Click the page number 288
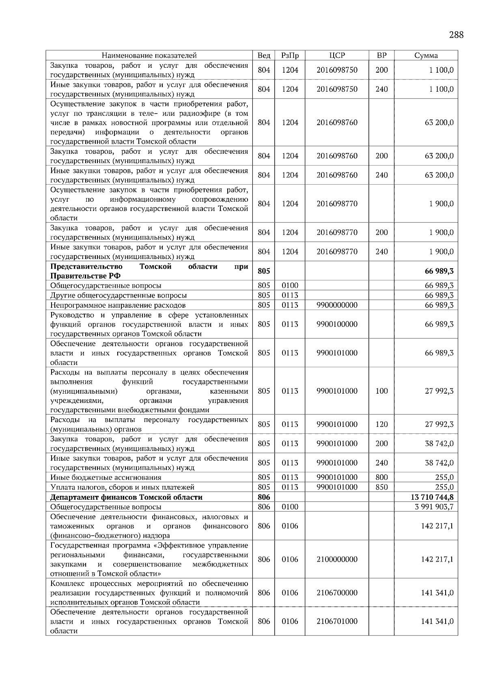point(456,34)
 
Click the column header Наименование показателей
point(149,56)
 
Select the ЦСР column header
point(337,56)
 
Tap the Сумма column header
point(426,56)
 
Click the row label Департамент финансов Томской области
point(126,497)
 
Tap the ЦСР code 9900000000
point(337,305)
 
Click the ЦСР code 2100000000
point(337,559)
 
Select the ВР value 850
point(381,487)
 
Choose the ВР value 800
point(381,477)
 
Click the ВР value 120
point(381,424)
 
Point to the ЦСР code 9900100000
point(337,324)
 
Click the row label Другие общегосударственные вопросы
point(119,295)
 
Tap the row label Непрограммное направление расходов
point(118,305)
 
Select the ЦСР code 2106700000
point(337,593)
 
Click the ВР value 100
point(381,391)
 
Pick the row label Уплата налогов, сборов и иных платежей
point(122,487)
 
